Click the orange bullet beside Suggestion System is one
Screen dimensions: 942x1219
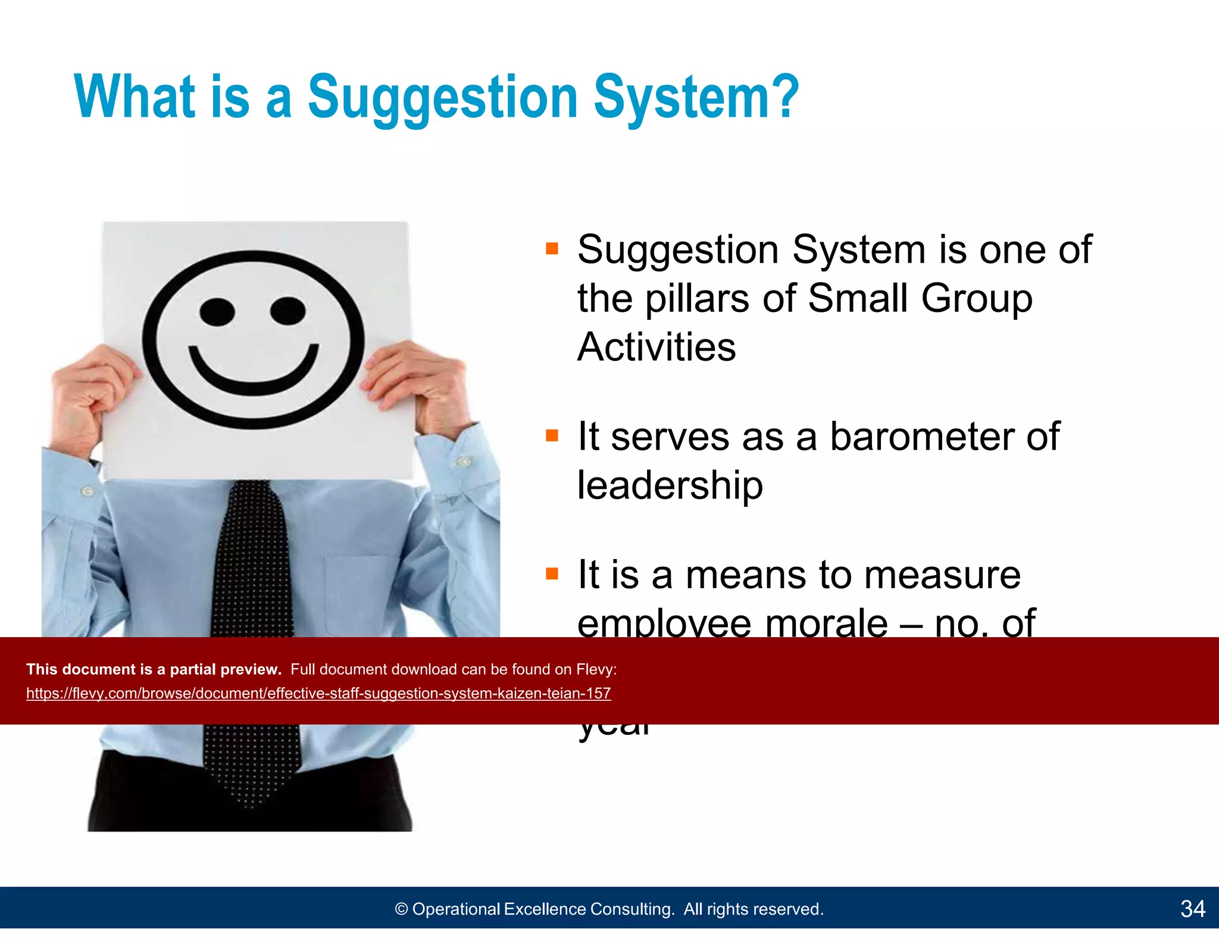click(x=552, y=248)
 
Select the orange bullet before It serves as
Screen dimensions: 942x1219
click(x=552, y=436)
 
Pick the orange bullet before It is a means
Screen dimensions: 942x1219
click(x=552, y=574)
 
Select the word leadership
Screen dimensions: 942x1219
click(x=670, y=485)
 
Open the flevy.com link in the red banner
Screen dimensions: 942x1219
click(x=318, y=693)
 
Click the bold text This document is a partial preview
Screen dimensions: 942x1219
click(x=154, y=669)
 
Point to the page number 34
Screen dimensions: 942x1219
click(x=1192, y=909)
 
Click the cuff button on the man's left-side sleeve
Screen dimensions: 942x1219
click(x=88, y=491)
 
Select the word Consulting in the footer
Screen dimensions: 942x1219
click(x=632, y=909)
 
